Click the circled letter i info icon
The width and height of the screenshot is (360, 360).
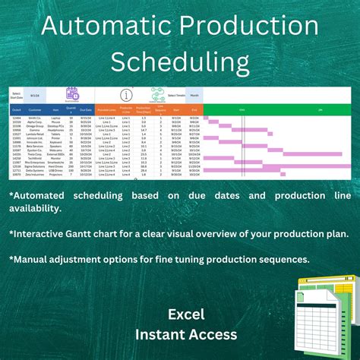[126, 95]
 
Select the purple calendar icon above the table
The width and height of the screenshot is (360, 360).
[72, 94]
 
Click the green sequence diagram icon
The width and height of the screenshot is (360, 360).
[159, 95]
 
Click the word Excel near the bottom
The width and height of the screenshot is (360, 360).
[185, 313]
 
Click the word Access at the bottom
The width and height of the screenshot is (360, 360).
[213, 333]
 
